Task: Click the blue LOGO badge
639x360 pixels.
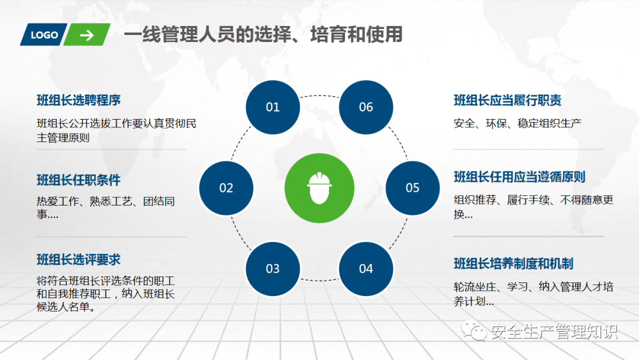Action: pyautogui.click(x=44, y=35)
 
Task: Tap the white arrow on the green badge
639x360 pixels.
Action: pyautogui.click(x=86, y=35)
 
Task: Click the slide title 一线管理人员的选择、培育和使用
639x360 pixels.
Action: pyautogui.click(x=263, y=34)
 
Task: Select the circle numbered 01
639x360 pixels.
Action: pyautogui.click(x=273, y=107)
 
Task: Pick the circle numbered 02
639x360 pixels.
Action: pyautogui.click(x=226, y=188)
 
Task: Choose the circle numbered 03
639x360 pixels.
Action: pyautogui.click(x=273, y=269)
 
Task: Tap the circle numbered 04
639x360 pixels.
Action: pyautogui.click(x=366, y=269)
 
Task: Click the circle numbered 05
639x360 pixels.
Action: pyautogui.click(x=412, y=188)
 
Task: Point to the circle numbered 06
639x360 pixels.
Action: pyautogui.click(x=366, y=107)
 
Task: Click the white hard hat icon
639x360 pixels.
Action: pyautogui.click(x=319, y=188)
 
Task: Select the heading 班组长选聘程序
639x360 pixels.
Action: pyautogui.click(x=79, y=100)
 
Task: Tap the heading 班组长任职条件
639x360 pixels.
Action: pyautogui.click(x=79, y=180)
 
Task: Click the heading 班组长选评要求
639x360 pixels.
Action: pyautogui.click(x=79, y=259)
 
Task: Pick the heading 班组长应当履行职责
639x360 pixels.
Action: pyautogui.click(x=508, y=100)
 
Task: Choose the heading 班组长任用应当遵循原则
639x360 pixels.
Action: pyautogui.click(x=519, y=177)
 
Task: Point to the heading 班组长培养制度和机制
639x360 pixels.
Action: pyautogui.click(x=514, y=263)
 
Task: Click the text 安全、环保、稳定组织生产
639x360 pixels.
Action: pyautogui.click(x=518, y=123)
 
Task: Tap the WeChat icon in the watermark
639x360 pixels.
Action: pyautogui.click(x=474, y=330)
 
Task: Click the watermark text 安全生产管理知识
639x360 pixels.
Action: pyautogui.click(x=554, y=332)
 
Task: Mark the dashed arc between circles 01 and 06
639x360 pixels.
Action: pyautogui.click(x=319, y=96)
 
